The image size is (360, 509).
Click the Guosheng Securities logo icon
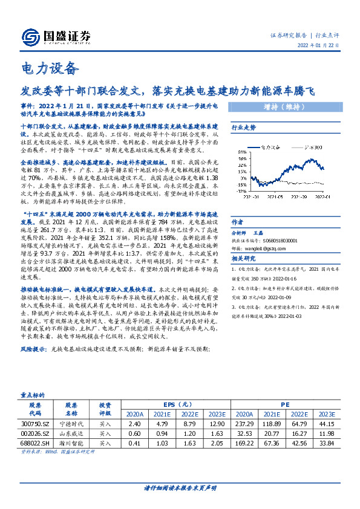(30, 36)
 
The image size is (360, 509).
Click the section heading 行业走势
(244, 128)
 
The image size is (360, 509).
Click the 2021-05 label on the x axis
(275, 196)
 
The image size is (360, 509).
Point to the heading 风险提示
(34, 349)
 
